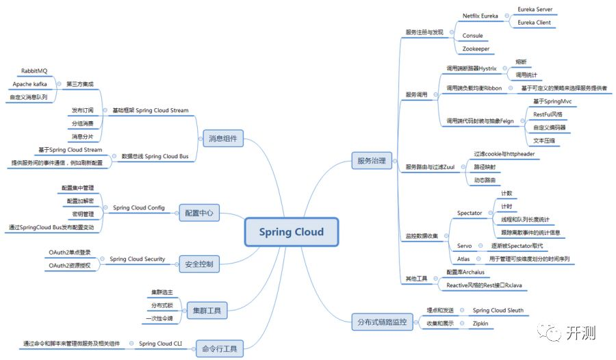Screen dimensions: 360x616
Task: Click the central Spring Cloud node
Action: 291,232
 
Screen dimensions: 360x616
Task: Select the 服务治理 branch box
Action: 371,162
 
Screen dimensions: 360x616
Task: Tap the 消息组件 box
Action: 222,139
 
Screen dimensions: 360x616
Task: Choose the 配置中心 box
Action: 199,214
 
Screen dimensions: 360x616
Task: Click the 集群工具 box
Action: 207,309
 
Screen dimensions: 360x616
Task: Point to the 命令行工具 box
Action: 220,348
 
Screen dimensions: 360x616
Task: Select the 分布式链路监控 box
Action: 382,321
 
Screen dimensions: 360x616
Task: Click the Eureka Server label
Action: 535,10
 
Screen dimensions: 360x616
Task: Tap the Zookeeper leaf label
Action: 477,49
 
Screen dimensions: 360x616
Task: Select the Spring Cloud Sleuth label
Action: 498,310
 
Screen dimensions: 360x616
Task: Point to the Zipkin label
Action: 481,323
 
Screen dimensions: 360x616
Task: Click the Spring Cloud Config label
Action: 138,207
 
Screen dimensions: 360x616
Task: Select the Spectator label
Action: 470,213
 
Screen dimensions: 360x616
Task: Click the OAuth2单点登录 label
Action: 70,253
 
